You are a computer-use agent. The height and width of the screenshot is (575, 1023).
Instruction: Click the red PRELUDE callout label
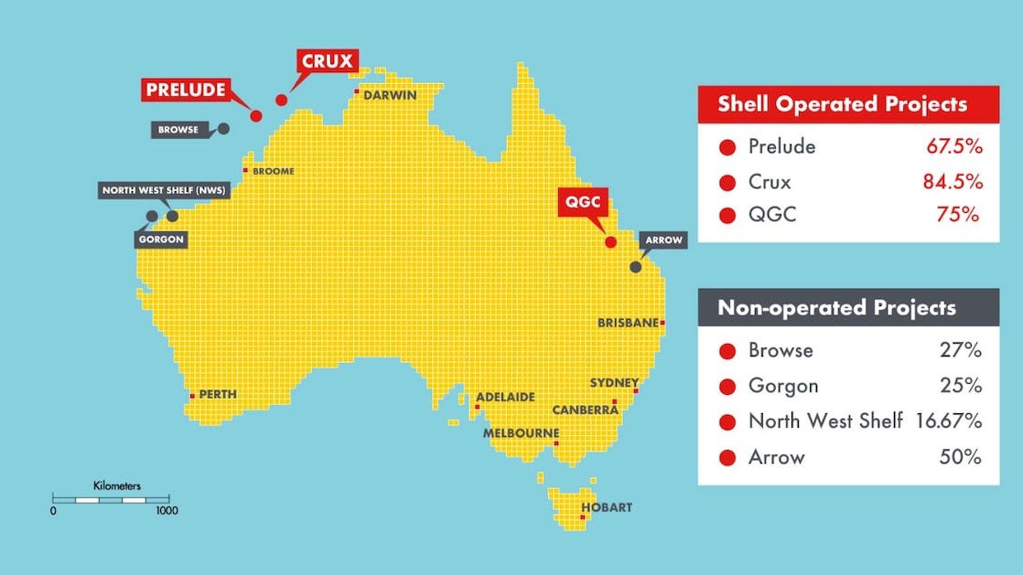point(185,90)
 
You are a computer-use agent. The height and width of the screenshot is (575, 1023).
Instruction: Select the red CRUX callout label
point(327,62)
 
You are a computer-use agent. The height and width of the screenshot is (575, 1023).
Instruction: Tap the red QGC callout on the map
point(583,202)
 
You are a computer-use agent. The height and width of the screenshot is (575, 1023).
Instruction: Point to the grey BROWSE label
point(178,130)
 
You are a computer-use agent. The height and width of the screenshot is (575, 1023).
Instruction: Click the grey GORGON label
point(162,240)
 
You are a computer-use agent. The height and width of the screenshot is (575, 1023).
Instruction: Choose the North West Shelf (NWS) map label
point(164,191)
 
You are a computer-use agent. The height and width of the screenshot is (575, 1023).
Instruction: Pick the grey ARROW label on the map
point(663,240)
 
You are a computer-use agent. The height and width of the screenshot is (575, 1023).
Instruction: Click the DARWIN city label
point(390,95)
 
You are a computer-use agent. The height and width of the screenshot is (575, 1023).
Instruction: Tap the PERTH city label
point(218,395)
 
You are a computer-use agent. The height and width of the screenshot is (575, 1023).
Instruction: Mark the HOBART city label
point(607,507)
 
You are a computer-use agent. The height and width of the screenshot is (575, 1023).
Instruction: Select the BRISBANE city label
point(628,323)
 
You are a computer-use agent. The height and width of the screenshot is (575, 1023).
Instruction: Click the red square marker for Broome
point(245,170)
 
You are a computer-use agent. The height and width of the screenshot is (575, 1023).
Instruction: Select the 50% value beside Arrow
point(960,456)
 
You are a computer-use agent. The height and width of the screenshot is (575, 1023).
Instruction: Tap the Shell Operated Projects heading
point(842,104)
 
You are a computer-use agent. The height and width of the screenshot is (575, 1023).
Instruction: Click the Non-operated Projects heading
point(836,308)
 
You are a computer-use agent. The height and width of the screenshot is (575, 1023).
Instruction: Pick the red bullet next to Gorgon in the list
point(727,387)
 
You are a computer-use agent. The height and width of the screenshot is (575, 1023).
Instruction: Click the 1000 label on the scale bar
point(167,511)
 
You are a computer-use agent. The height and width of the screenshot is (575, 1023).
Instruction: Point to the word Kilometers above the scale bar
point(117,486)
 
